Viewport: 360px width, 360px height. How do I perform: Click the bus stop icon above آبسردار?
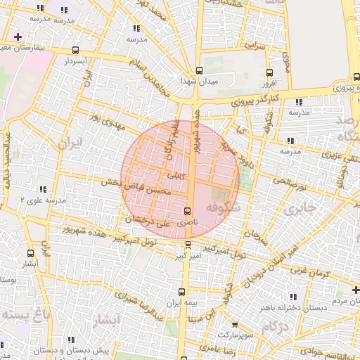click(x=76, y=50)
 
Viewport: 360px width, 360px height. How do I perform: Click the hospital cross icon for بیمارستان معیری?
click(x=18, y=37)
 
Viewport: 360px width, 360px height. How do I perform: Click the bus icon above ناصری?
click(x=187, y=212)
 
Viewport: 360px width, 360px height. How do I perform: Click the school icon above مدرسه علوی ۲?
click(x=44, y=189)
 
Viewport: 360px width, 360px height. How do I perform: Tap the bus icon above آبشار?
click(x=30, y=252)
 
